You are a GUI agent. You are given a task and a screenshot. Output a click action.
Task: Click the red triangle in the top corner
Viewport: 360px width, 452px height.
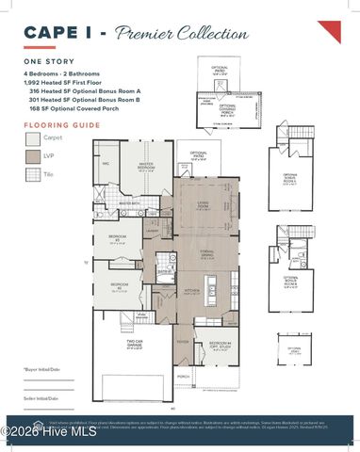[x=329, y=31]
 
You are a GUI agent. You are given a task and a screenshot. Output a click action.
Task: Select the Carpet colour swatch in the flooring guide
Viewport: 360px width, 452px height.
[x=33, y=138]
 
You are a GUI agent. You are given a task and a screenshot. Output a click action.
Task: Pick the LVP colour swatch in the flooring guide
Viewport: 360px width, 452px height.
[x=33, y=156]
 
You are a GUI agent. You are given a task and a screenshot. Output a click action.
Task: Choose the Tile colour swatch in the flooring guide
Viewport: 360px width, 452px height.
[x=33, y=174]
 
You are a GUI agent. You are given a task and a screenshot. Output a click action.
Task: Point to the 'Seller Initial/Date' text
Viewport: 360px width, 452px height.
[x=42, y=398]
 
